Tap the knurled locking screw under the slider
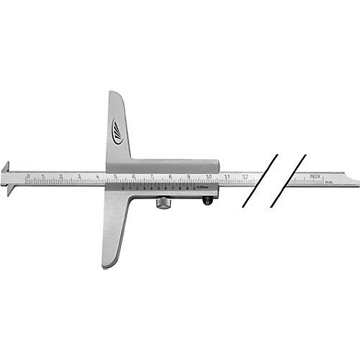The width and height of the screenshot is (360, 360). click(x=165, y=203)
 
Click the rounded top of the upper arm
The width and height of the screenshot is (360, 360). click(x=114, y=96)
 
